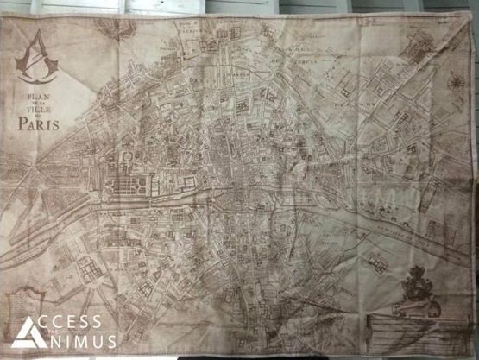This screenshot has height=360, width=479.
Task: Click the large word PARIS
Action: pyautogui.click(x=38, y=123)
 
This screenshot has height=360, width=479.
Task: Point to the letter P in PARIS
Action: pyautogui.click(x=22, y=123)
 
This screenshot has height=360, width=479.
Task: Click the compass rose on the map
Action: pyautogui.click(x=454, y=83)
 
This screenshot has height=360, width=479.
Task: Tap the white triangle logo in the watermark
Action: pyautogui.click(x=23, y=332)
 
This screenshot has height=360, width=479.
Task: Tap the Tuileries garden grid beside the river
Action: pyautogui.click(x=136, y=182)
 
